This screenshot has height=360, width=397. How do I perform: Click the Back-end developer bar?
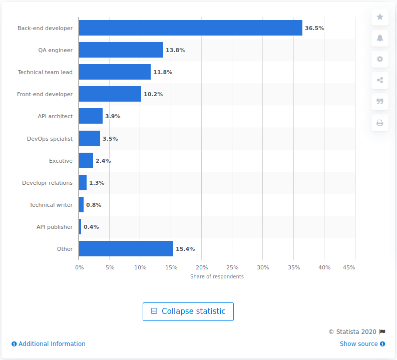[x=190, y=28]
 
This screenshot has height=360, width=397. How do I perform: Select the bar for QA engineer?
[x=121, y=50]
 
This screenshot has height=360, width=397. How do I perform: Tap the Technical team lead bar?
[x=115, y=72]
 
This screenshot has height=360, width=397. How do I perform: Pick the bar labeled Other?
[x=126, y=249]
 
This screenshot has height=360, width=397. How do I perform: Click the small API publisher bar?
[x=80, y=227]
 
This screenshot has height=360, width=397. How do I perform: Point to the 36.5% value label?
[x=314, y=28]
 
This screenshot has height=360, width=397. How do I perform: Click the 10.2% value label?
[x=153, y=94]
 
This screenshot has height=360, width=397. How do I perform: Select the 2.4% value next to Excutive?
[x=103, y=161]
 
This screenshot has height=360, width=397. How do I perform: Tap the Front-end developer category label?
[x=45, y=94]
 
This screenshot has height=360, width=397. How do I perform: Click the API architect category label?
[x=55, y=116]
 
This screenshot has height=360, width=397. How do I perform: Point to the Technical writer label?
[x=51, y=205]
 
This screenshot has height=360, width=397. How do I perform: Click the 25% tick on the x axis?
[x=232, y=268]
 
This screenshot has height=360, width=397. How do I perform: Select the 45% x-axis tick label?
[x=348, y=268]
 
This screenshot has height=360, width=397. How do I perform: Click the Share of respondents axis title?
[x=217, y=277]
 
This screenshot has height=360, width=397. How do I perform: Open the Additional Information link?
[x=49, y=344]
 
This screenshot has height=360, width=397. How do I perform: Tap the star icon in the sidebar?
[x=380, y=17]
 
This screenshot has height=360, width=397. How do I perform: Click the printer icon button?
[x=380, y=123]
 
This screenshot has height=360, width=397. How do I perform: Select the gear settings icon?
[x=380, y=59]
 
